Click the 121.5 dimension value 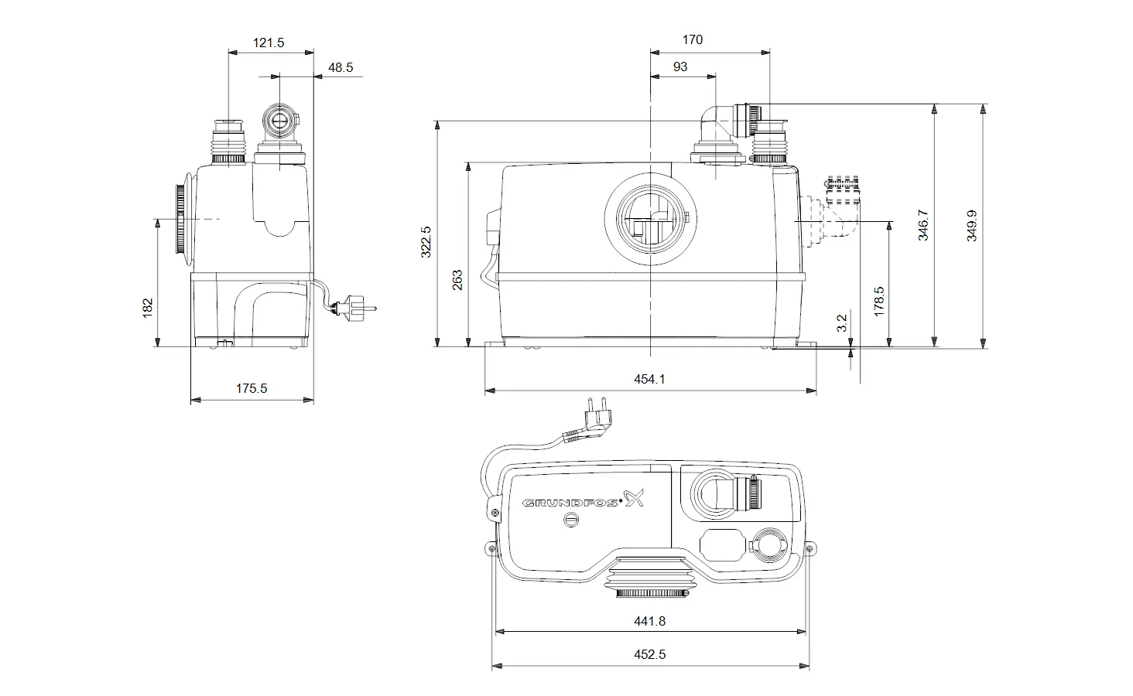point(268,43)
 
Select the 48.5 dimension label point(341,68)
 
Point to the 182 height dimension point(147,308)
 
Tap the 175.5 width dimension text point(252,388)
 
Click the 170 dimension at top point(692,40)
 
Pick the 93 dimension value point(680,67)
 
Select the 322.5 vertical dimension point(426,241)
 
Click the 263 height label point(457,280)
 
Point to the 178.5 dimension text point(879,302)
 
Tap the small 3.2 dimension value point(842,323)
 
